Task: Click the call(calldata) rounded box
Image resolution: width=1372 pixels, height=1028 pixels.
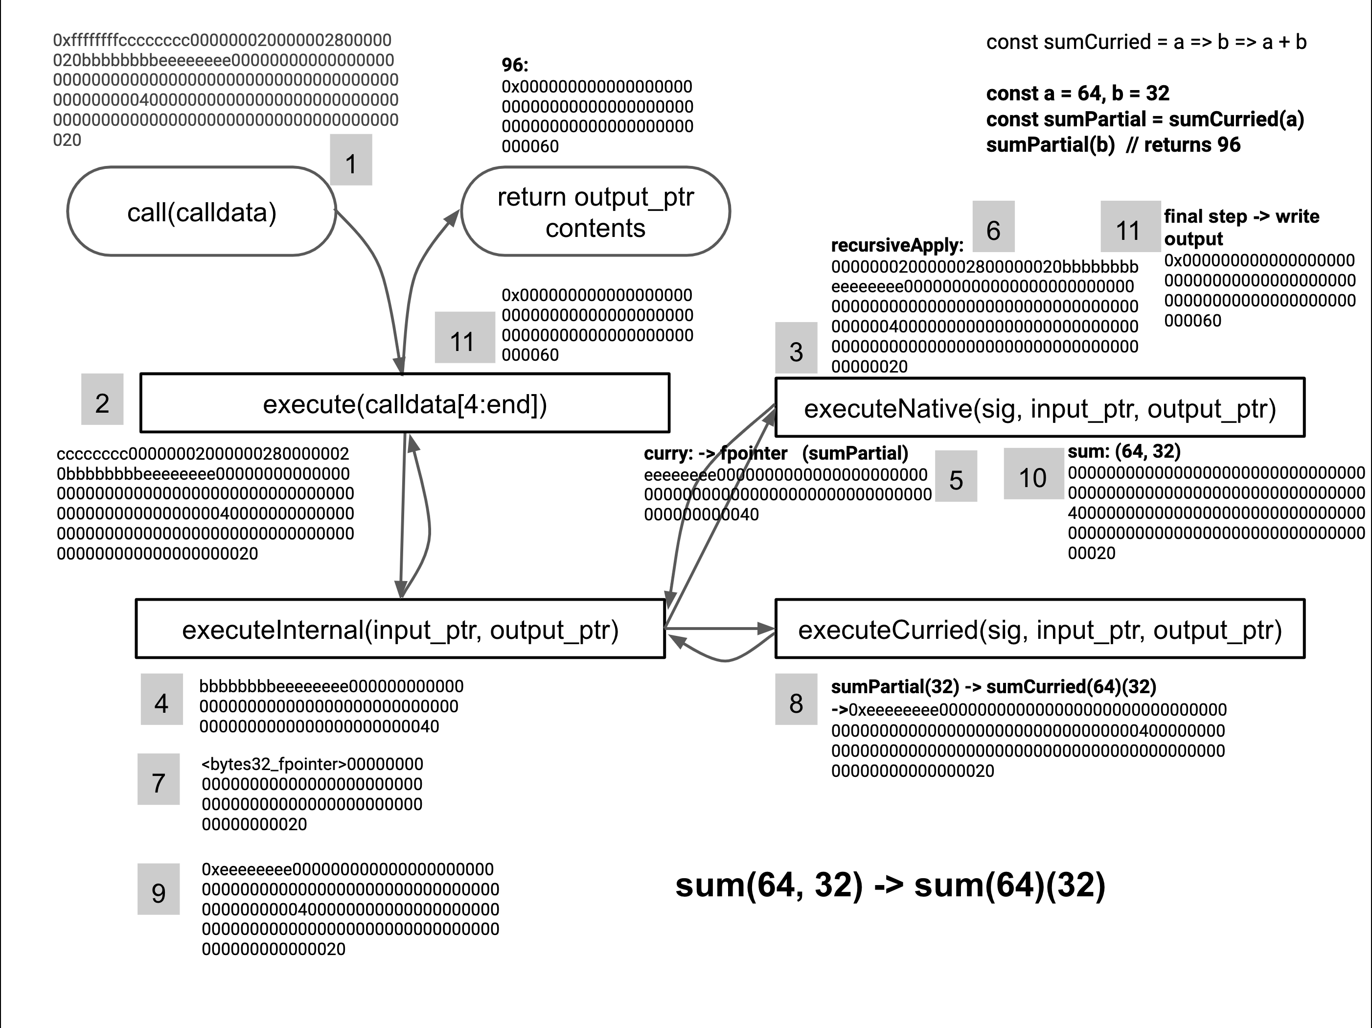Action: pos(202,211)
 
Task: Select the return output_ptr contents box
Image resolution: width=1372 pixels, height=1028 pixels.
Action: pos(595,211)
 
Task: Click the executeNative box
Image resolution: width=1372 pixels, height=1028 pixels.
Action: pos(1040,408)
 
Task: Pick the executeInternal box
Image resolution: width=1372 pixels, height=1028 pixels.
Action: pos(400,629)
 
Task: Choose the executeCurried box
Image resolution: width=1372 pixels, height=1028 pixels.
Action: pos(1040,629)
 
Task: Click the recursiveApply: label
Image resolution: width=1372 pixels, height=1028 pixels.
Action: pos(897,246)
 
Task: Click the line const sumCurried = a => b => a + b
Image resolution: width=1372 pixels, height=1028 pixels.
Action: pos(1146,42)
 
